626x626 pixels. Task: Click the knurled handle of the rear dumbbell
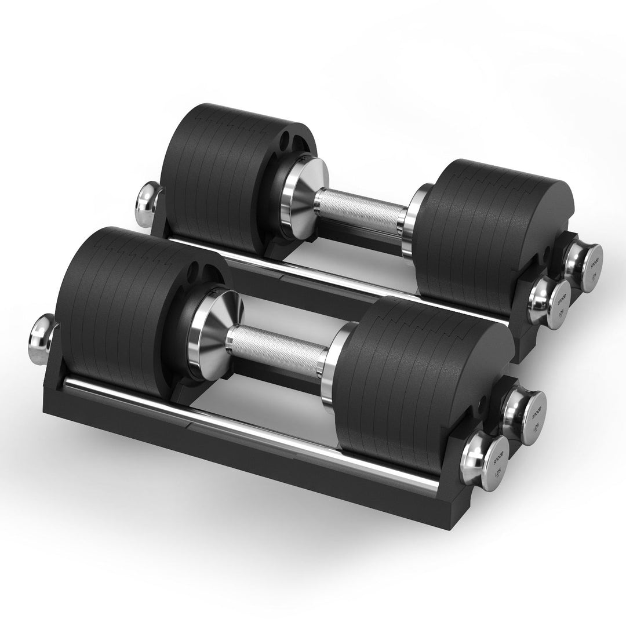click(359, 209)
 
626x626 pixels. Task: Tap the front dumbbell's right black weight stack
click(406, 371)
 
